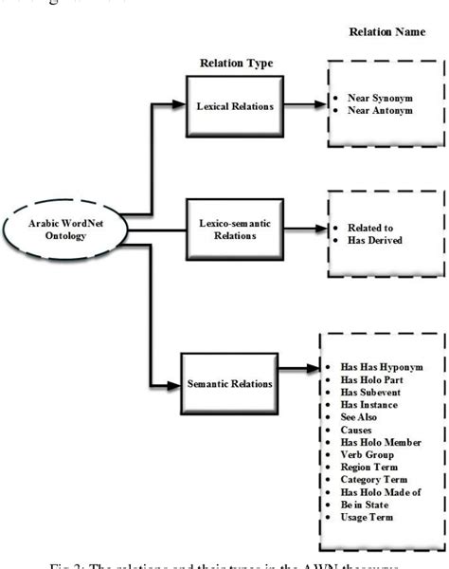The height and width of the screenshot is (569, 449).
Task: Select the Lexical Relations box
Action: (236, 105)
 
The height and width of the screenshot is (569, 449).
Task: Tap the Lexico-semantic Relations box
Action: (235, 230)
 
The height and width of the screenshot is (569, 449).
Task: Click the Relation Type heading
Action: (236, 64)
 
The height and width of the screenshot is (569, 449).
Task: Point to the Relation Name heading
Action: (386, 31)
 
